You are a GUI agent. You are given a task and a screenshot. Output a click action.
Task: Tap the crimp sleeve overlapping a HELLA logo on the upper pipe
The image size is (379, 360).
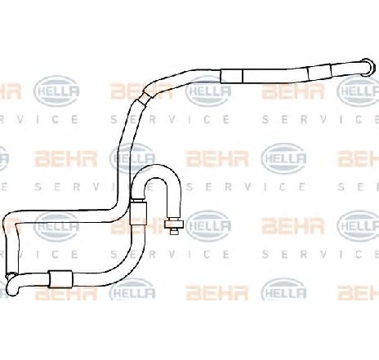[231, 76]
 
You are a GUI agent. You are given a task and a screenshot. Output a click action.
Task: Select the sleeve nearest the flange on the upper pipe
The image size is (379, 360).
[319, 73]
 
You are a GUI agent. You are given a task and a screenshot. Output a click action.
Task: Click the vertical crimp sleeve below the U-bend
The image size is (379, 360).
[138, 213]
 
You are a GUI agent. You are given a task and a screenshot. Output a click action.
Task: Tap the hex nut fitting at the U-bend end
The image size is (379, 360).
[174, 224]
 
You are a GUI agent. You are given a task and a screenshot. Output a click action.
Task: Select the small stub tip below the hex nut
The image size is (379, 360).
[174, 232]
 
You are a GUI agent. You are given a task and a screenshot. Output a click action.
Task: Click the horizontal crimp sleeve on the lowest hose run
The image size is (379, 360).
[60, 279]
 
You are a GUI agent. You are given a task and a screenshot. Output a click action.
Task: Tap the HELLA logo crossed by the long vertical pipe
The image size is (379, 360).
[132, 158]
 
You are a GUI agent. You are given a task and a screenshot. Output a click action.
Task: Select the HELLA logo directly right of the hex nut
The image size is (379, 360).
[208, 225]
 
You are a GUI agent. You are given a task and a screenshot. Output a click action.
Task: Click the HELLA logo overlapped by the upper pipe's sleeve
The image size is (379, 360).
[208, 91]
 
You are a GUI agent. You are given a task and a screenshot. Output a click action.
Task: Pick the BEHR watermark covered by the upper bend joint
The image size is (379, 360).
[141, 91]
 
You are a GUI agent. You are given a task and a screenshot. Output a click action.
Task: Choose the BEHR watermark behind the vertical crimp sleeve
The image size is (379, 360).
[141, 226]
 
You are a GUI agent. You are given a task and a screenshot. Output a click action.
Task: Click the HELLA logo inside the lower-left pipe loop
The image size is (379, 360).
[56, 226]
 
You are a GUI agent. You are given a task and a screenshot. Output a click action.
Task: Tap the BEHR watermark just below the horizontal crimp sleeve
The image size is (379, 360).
[66, 293]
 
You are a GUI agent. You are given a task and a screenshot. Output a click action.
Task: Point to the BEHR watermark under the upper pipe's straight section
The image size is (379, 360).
[293, 91]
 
